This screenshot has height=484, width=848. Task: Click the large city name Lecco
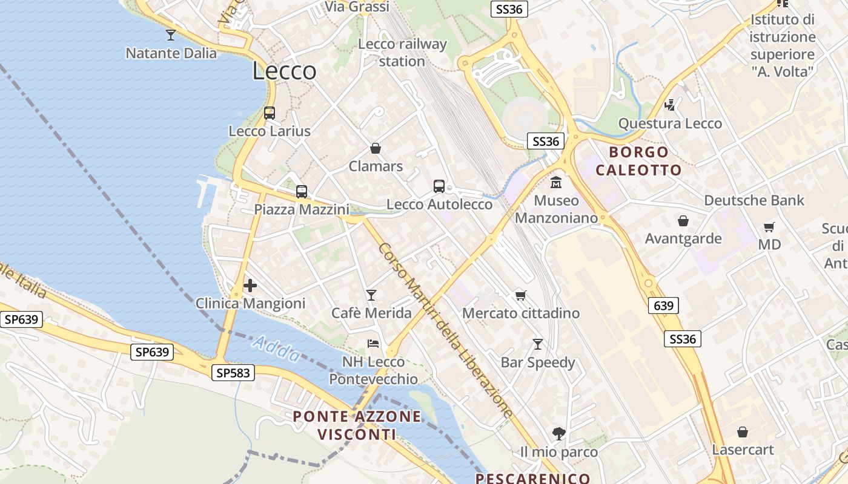(x=284, y=71)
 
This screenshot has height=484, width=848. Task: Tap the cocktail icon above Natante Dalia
(x=171, y=35)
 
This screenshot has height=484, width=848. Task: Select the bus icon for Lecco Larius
(x=270, y=113)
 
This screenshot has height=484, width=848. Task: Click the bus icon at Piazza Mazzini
(x=302, y=192)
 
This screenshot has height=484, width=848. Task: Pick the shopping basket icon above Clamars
(x=376, y=148)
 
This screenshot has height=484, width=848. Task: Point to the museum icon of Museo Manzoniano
(x=556, y=182)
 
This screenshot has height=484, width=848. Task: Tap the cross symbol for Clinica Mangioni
(x=250, y=286)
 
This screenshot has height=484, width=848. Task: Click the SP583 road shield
(x=233, y=373)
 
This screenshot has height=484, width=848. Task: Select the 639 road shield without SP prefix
(x=664, y=306)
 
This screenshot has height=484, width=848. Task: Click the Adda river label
(x=276, y=350)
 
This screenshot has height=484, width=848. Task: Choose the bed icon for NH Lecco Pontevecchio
(x=373, y=344)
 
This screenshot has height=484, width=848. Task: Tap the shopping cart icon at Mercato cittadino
(x=520, y=295)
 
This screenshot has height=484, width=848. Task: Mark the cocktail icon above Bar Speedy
(x=537, y=344)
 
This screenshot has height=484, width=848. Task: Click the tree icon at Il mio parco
(x=558, y=434)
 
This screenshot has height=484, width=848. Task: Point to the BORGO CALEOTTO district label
(x=639, y=161)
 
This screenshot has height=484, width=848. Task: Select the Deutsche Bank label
(x=754, y=200)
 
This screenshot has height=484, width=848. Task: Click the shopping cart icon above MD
(x=769, y=227)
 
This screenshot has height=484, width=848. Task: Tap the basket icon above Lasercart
(x=743, y=432)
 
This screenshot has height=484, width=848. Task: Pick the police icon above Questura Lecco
(x=670, y=105)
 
